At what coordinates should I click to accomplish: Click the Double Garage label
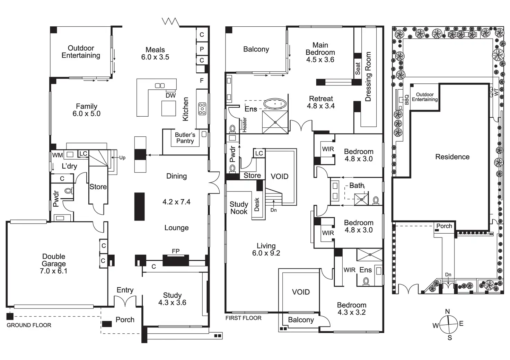(x=54, y=263)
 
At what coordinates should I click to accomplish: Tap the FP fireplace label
(x=176, y=251)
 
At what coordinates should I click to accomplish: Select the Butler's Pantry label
(x=185, y=138)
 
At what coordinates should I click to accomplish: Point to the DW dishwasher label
(x=170, y=96)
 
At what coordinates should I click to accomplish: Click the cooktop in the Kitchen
(x=202, y=109)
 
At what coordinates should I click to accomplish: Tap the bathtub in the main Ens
(x=275, y=103)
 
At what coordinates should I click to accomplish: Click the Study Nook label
(x=239, y=208)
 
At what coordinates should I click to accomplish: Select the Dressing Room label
(x=368, y=76)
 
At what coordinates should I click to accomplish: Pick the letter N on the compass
(x=447, y=312)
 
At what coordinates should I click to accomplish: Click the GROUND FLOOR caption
(x=29, y=325)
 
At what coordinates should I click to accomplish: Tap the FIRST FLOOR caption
(x=244, y=318)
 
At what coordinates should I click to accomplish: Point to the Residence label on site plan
(x=452, y=157)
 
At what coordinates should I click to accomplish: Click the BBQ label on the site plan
(x=407, y=100)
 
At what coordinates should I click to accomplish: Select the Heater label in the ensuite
(x=245, y=125)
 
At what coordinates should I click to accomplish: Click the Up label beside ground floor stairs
(x=122, y=158)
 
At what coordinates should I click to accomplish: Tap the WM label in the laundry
(x=57, y=155)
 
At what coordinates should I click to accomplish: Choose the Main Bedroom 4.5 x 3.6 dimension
(x=320, y=60)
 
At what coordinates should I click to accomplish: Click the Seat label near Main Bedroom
(x=358, y=69)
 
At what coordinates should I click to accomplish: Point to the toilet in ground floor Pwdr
(x=68, y=191)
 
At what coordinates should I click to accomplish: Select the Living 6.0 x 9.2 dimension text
(x=266, y=253)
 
